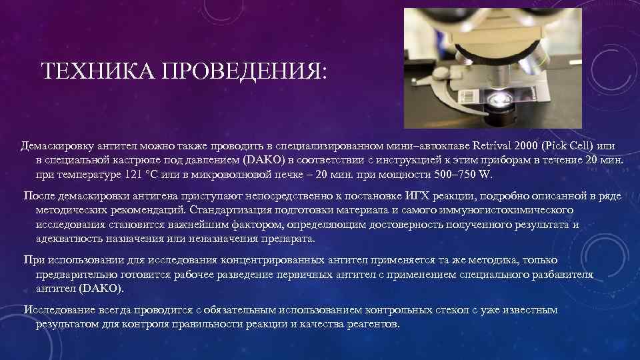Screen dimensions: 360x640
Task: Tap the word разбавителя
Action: point(563,275)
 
